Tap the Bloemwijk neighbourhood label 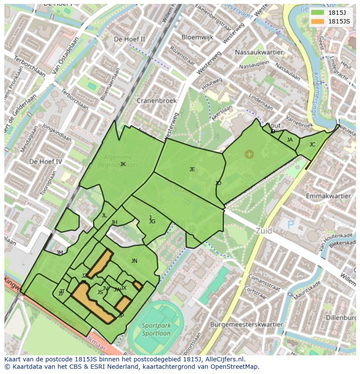pos(197,37)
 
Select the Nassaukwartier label pos(258,52)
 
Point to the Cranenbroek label pos(157,100)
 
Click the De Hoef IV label pos(46,162)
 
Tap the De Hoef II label pos(129,39)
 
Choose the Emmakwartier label pos(329,196)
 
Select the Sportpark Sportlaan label pos(156,330)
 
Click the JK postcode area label pos(123,164)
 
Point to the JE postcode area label pos(192,169)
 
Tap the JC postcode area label pos(312,145)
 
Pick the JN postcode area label pos(134,261)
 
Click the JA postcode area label pos(290,140)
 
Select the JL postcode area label pos(104,215)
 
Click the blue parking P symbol pos(290,224)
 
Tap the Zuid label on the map pos(264,231)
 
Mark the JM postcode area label pos(60,253)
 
